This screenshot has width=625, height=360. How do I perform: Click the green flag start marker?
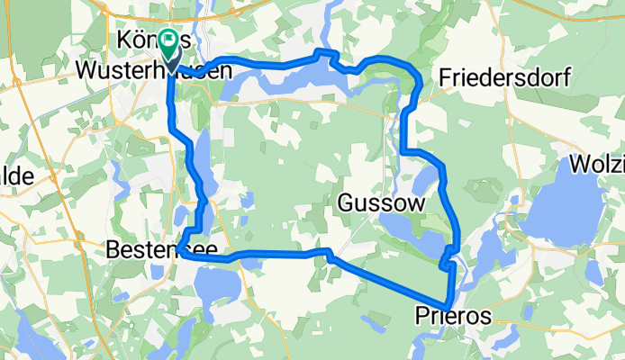tap(168, 42)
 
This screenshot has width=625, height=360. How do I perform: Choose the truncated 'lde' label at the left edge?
tap(16, 176)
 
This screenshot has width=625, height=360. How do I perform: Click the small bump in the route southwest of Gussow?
tap(329, 253)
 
